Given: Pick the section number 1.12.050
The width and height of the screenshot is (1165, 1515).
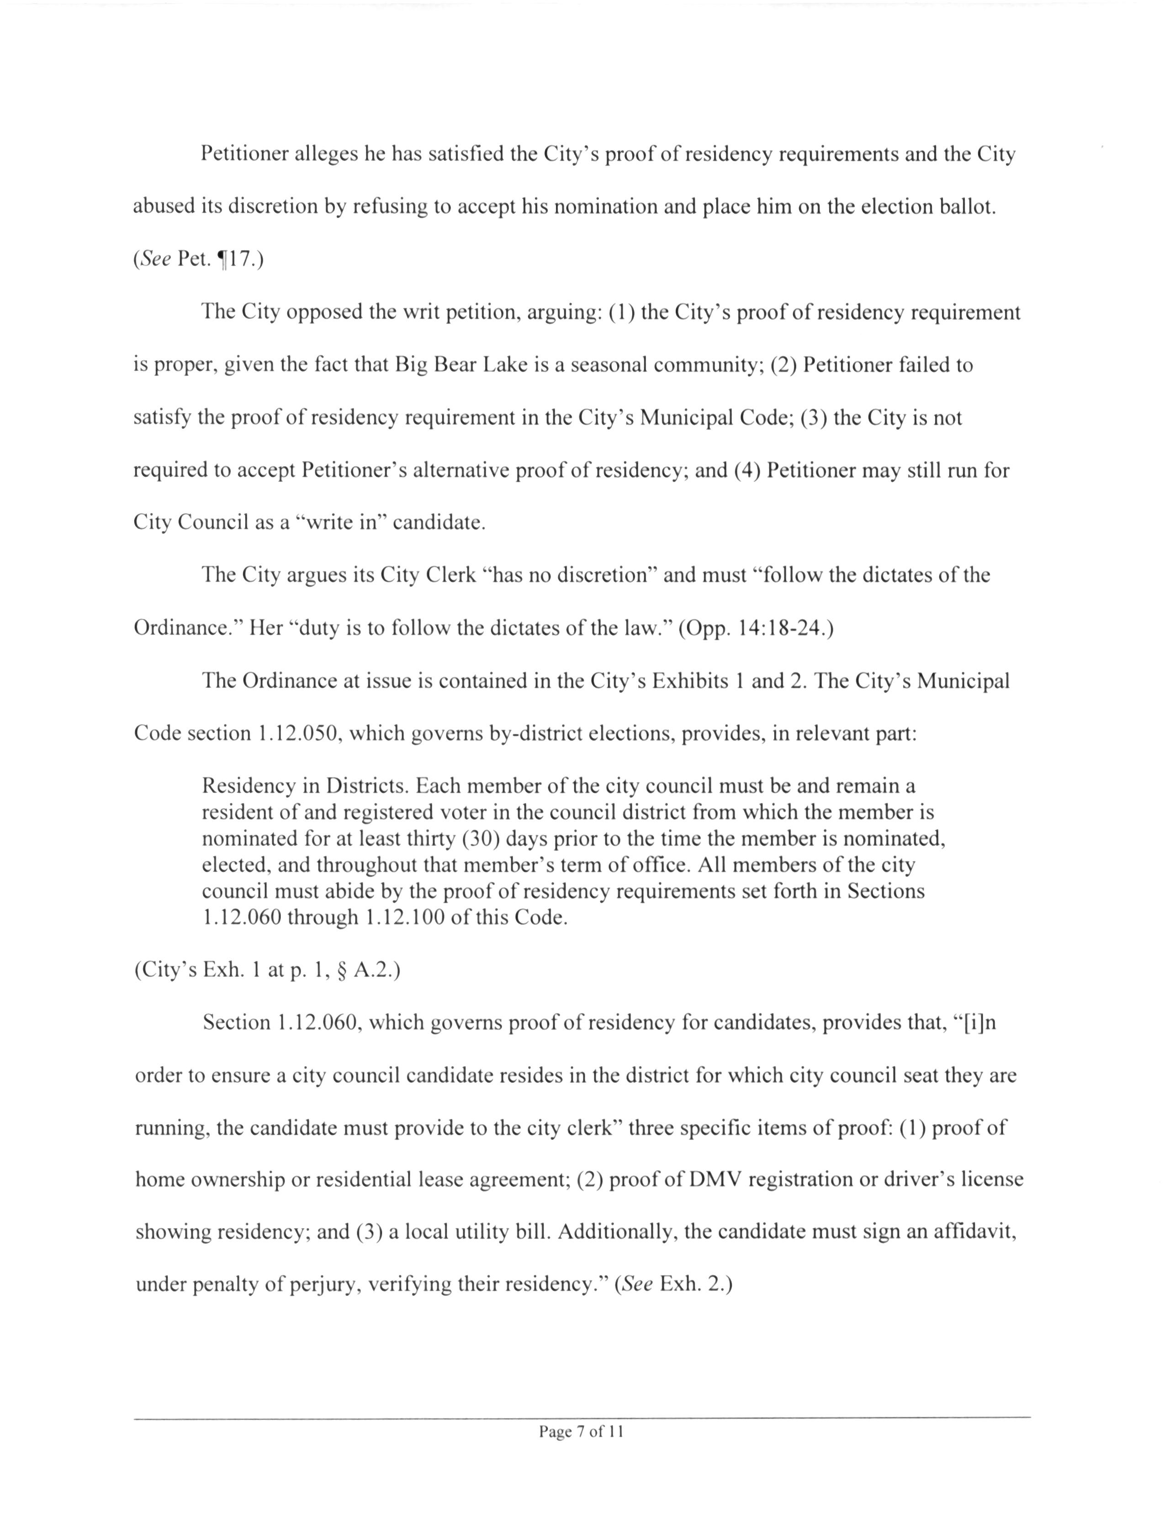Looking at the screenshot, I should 299,734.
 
